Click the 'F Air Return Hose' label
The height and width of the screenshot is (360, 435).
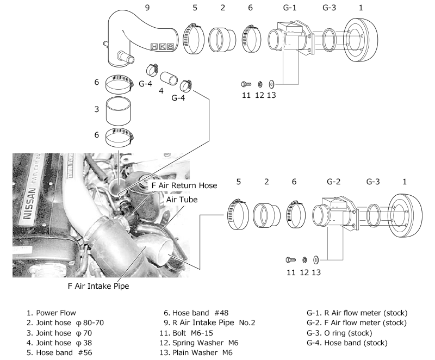coord(184,185)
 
